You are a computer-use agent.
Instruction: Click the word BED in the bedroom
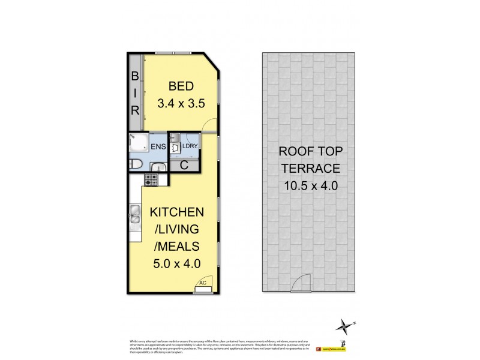[181, 85]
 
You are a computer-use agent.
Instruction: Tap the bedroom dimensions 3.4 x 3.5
[181, 103]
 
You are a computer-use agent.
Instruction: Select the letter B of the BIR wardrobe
[136, 76]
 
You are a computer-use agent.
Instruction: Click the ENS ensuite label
[158, 146]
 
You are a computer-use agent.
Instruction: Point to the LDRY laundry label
[190, 146]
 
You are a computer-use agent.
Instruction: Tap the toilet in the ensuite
[136, 164]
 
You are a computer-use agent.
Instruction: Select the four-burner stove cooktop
[151, 179]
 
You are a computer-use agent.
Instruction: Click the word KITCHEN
[177, 212]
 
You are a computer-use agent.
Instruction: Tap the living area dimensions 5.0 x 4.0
[177, 262]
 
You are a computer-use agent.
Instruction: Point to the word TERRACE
[308, 169]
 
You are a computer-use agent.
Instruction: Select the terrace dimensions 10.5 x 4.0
[308, 186]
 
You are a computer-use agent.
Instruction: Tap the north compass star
[344, 326]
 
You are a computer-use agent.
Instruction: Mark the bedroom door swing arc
[208, 123]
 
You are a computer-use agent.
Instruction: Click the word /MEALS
[177, 245]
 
